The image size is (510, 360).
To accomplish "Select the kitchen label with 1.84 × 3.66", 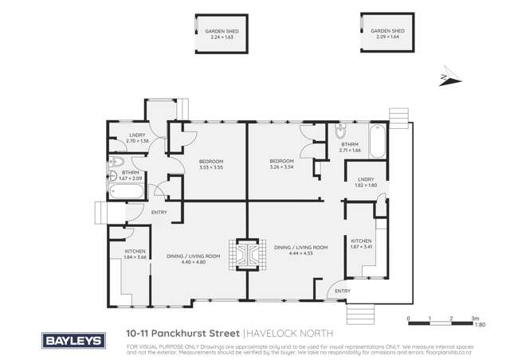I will (x=135, y=255).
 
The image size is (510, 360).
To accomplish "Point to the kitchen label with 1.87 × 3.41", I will (x=362, y=245).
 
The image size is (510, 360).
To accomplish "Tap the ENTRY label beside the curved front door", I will (x=343, y=291).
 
